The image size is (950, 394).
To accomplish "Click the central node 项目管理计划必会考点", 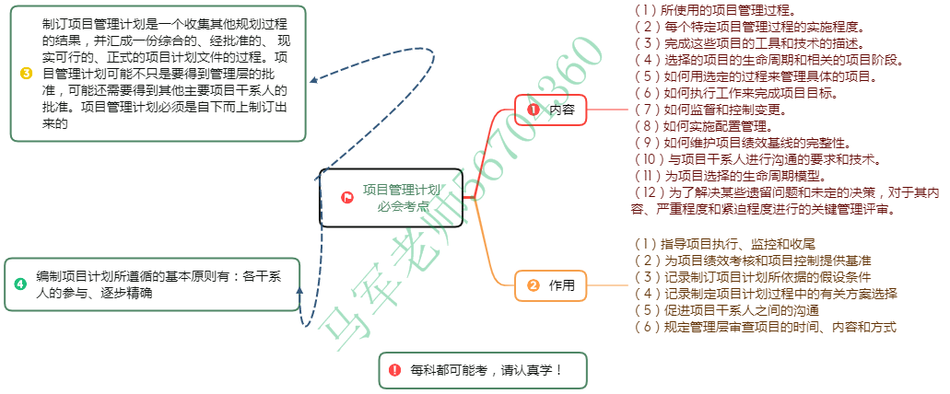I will point(391,197).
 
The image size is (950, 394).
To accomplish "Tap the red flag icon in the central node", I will point(347,197).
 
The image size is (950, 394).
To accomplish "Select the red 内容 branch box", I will point(550,110).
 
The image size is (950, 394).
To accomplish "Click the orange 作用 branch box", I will point(550,285).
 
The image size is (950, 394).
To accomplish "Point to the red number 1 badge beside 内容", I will point(533,110).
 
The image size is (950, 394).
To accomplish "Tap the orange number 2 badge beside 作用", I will point(533,285).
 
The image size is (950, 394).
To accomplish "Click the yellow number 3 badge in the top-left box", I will point(26,73).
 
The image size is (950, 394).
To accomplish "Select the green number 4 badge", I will point(21,284).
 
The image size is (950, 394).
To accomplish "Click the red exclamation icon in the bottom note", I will point(395,370).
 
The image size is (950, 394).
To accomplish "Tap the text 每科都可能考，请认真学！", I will point(486,370).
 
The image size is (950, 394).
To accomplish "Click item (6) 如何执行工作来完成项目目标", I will point(723,93).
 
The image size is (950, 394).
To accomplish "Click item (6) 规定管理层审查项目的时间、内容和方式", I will point(765,327).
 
